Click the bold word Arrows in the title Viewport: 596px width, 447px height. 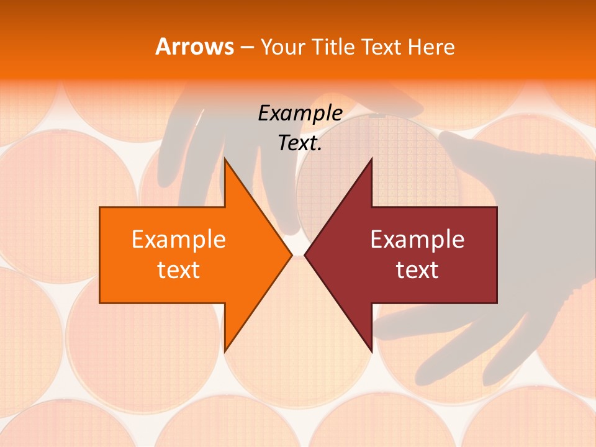point(194,47)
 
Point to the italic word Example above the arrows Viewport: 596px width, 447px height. point(300,114)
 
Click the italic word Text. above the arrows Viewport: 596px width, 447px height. point(300,143)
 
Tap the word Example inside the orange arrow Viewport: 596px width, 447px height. point(179,240)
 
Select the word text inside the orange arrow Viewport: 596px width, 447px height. point(179,270)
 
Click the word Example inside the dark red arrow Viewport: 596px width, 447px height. point(417,240)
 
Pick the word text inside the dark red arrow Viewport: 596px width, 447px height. point(417,270)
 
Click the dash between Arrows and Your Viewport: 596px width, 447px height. point(246,48)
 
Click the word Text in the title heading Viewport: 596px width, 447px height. point(381,47)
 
